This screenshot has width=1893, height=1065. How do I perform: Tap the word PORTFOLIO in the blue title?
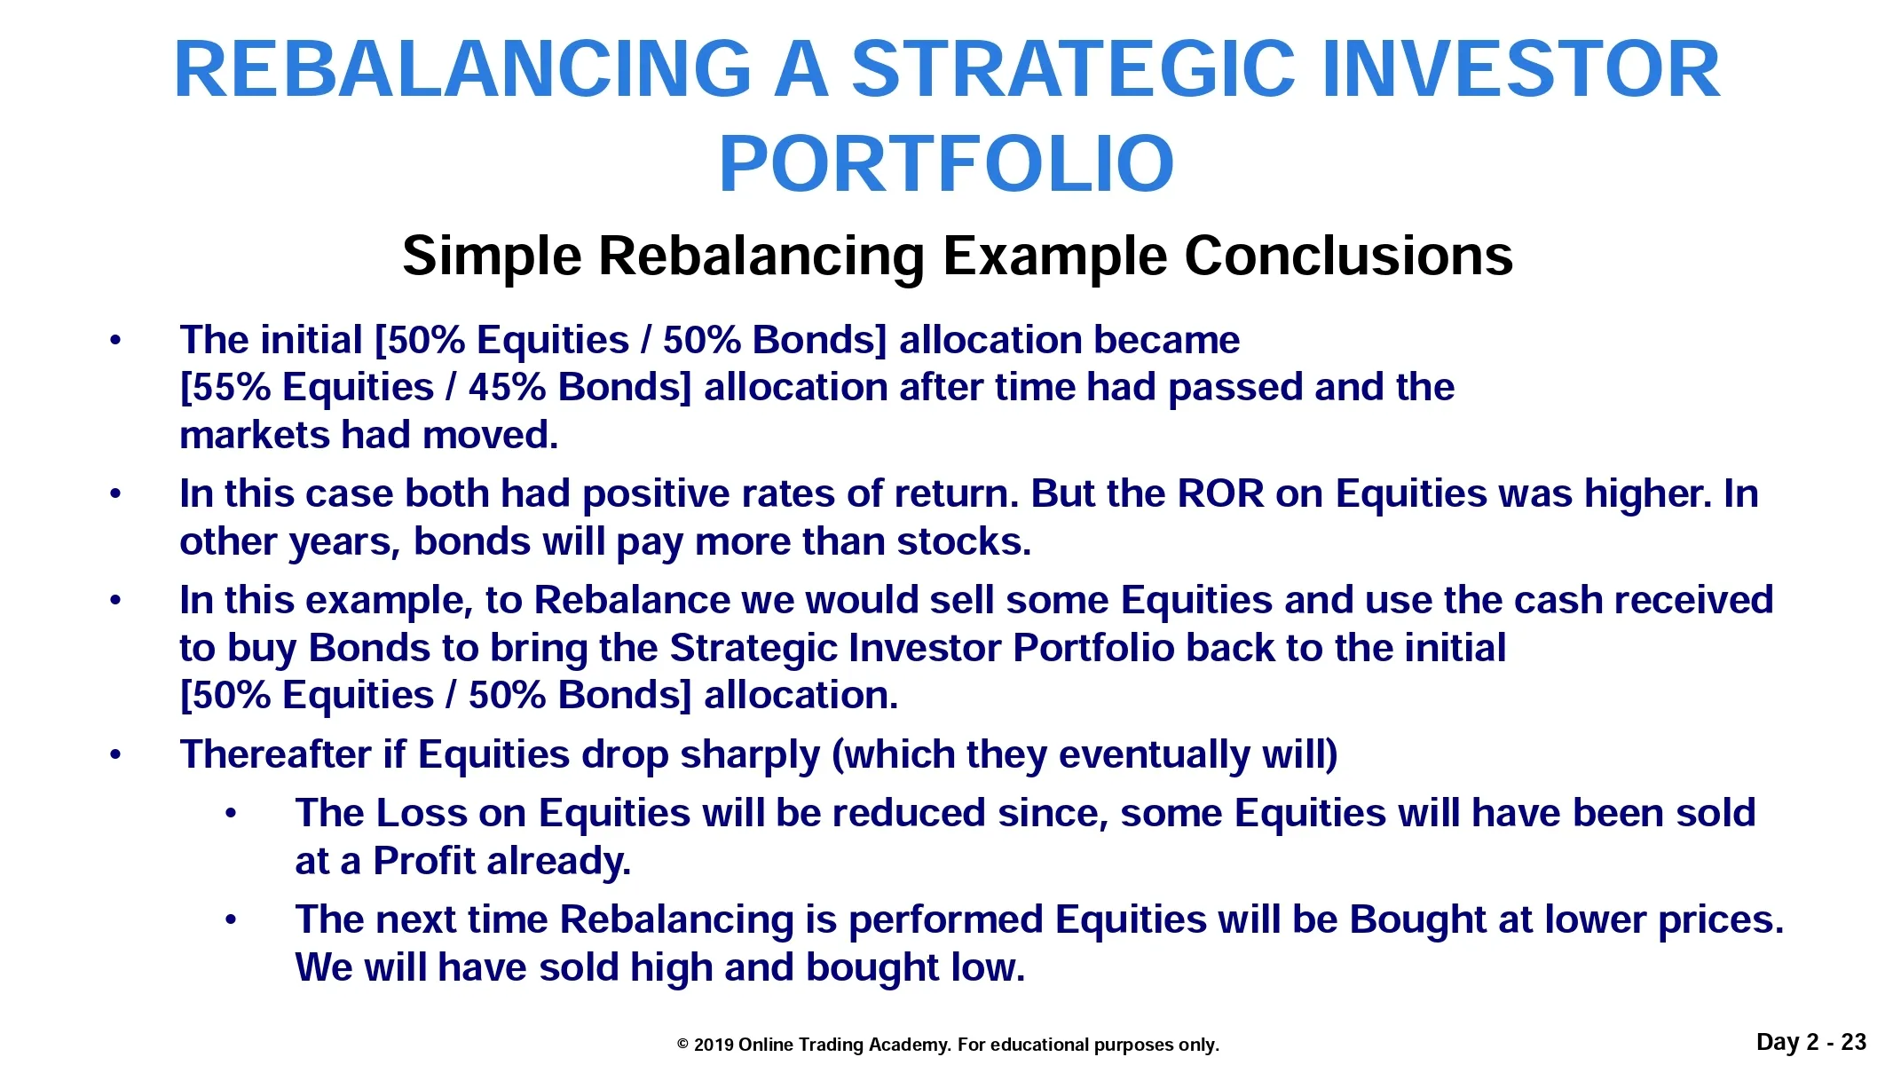click(x=946, y=163)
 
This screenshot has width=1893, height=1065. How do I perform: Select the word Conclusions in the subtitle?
click(x=1348, y=256)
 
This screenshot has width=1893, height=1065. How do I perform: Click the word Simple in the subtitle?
click(x=492, y=257)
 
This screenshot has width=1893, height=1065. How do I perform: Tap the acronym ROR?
click(x=1220, y=493)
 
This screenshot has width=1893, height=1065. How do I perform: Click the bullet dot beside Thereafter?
click(x=114, y=755)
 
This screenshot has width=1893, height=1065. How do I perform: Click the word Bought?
click(x=1418, y=919)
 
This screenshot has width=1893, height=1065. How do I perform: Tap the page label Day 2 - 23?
click(x=1811, y=1042)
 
